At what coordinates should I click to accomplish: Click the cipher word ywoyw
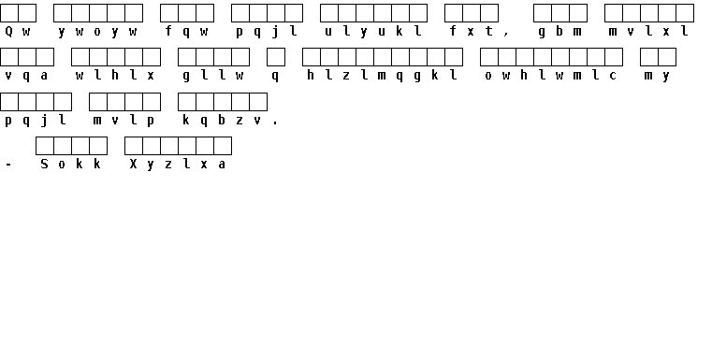click(x=97, y=32)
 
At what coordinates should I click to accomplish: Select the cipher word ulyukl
click(x=373, y=32)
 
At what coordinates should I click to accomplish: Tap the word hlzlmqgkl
click(x=382, y=76)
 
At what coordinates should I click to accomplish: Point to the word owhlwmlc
click(x=551, y=76)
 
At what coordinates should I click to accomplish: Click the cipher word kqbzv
click(x=222, y=121)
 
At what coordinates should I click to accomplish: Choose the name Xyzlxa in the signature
click(x=178, y=165)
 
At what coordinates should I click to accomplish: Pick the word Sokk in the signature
click(x=71, y=165)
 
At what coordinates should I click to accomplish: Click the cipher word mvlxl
click(x=649, y=32)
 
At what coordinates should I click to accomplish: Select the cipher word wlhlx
click(x=115, y=76)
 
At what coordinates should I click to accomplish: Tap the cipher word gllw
click(x=213, y=76)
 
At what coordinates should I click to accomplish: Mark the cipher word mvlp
click(x=124, y=121)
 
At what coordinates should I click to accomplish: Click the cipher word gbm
click(x=559, y=32)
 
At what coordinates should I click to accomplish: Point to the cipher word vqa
click(x=26, y=76)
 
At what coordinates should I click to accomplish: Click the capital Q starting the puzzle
click(x=8, y=32)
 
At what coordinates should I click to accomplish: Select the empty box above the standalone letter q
click(x=276, y=57)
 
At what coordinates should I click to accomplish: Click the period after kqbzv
click(x=275, y=123)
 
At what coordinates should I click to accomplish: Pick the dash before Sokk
click(x=8, y=166)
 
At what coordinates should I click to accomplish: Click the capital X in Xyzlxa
click(x=133, y=164)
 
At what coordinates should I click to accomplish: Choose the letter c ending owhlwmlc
click(x=613, y=77)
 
